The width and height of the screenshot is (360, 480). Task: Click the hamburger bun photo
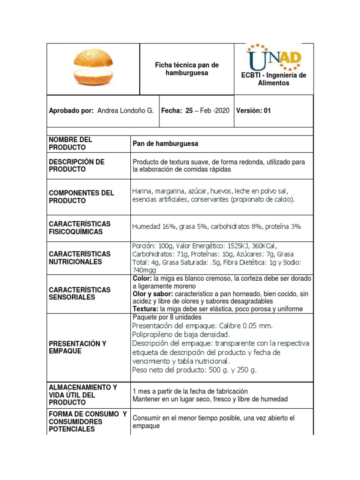pyautogui.click(x=93, y=67)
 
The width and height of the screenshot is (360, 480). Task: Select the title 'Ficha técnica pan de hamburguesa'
pyautogui.click(x=187, y=69)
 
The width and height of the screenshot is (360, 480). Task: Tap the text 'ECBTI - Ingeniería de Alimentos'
pyautogui.click(x=274, y=79)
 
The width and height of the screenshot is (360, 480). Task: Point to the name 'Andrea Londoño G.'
pyautogui.click(x=125, y=111)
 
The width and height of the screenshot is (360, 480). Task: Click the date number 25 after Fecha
pyautogui.click(x=189, y=111)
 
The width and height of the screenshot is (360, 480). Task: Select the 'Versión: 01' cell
pyautogui.click(x=254, y=111)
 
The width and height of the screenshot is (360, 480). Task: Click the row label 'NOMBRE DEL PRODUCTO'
pyautogui.click(x=70, y=143)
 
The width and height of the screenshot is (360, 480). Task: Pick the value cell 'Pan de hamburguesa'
pyautogui.click(x=165, y=143)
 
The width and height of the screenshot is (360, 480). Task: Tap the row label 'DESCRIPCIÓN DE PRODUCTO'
pyautogui.click(x=76, y=165)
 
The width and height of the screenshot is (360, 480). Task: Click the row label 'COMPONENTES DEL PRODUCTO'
pyautogui.click(x=81, y=197)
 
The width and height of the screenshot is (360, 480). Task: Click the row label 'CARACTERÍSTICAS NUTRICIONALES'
pyautogui.click(x=80, y=258)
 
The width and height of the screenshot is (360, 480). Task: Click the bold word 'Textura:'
pyautogui.click(x=146, y=309)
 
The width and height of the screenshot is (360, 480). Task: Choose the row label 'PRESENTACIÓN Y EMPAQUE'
pyautogui.click(x=77, y=347)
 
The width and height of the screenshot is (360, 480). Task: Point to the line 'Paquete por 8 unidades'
pyautogui.click(x=167, y=317)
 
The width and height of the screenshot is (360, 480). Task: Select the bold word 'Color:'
pyautogui.click(x=142, y=278)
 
